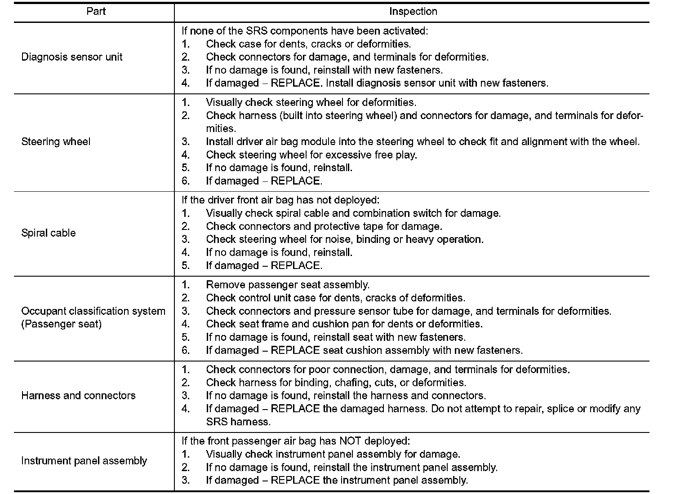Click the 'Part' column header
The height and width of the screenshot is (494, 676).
[96, 12]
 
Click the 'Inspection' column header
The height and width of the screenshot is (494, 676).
[413, 12]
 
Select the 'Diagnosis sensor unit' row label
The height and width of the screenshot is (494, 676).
[72, 57]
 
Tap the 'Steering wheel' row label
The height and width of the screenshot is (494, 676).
[56, 142]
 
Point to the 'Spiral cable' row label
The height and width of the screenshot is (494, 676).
[49, 233]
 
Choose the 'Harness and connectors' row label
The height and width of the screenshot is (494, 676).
[78, 396]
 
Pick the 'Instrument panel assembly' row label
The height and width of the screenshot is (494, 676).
[84, 461]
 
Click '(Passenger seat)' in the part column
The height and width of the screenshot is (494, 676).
[62, 324]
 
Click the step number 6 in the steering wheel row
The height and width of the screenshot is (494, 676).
[186, 181]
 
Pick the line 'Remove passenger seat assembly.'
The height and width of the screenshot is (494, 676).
[288, 285]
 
